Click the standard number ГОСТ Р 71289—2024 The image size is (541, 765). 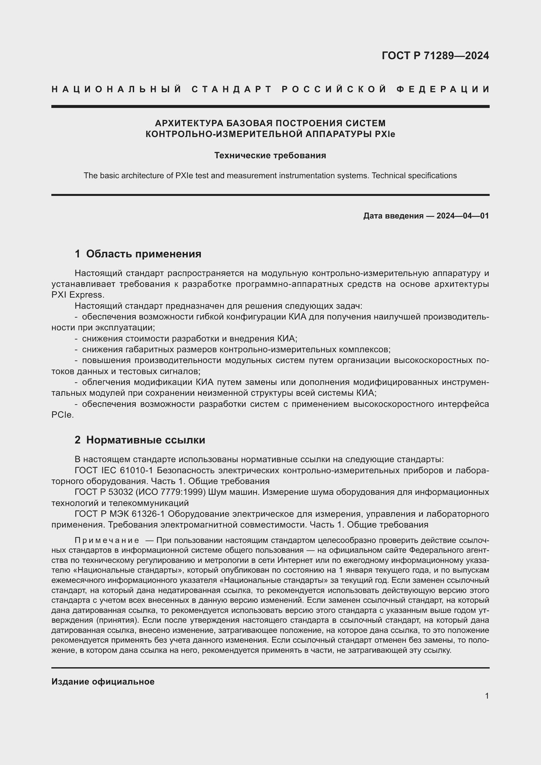pos(435,56)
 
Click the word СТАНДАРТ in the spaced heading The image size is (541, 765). pos(232,89)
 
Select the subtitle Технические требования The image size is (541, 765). pos(270,156)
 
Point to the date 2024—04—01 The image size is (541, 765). pos(462,216)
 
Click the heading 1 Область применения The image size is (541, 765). pos(138,254)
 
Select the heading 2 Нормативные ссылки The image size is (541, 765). pos(140,440)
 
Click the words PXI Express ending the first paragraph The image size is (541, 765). pos(78,295)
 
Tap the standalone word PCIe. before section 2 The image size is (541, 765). pos(62,415)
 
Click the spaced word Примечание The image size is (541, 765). pos(107,540)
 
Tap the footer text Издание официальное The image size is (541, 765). pos(103,682)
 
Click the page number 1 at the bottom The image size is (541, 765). pos(487,696)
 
